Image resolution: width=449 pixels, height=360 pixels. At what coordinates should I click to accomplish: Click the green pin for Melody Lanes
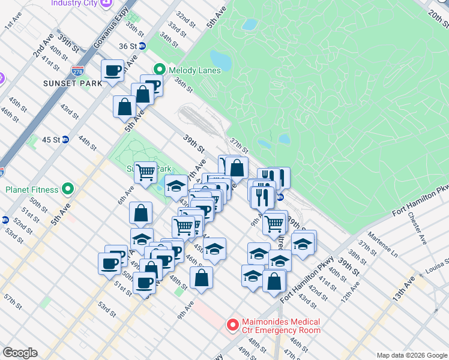click(160, 70)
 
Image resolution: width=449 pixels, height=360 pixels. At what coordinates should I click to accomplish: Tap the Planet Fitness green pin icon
click(67, 190)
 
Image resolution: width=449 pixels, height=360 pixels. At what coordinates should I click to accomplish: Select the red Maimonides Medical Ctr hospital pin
click(232, 326)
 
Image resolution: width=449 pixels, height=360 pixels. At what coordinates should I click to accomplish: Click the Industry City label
click(75, 3)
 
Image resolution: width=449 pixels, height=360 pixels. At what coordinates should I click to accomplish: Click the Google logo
click(19, 353)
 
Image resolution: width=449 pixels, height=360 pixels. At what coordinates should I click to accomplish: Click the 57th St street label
click(11, 298)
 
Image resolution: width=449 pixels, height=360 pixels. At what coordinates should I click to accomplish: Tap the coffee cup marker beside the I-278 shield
click(112, 72)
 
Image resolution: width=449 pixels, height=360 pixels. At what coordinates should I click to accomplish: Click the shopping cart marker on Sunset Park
click(145, 173)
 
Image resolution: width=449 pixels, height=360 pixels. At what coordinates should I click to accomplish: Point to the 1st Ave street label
click(13, 23)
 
